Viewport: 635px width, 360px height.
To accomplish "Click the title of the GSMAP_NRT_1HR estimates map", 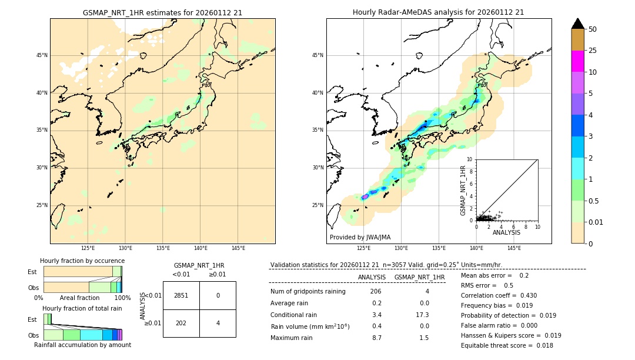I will tap(162, 12).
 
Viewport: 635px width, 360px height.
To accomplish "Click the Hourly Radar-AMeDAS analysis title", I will tap(439, 12).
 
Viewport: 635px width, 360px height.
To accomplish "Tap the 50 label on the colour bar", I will tap(593, 29).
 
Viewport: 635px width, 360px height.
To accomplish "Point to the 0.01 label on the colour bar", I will tap(596, 222).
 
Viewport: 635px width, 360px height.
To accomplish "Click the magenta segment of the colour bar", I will tap(577, 61).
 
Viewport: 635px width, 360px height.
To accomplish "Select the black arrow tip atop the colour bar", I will tap(577, 23).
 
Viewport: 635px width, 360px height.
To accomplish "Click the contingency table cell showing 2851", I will tap(181, 295).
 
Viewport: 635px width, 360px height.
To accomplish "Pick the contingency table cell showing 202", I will tap(181, 323).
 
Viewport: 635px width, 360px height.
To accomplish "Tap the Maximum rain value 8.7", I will tap(376, 338).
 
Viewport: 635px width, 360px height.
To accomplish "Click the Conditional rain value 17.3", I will tap(422, 315).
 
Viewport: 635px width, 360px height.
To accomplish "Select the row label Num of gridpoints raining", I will tap(308, 292).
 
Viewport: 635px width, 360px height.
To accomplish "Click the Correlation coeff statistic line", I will tap(499, 295).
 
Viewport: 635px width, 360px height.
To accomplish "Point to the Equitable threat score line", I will tap(507, 345).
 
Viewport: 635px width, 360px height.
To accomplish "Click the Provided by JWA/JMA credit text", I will tap(360, 238).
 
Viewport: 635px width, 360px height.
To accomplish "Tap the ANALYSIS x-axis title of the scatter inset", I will tap(506, 232).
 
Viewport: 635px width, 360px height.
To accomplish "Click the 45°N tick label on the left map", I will tap(42, 55).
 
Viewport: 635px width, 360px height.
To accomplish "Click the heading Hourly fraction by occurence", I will tap(82, 261).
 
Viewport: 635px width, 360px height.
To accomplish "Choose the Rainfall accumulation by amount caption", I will tap(82, 345).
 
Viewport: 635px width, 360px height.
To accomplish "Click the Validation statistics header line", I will tap(386, 265).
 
